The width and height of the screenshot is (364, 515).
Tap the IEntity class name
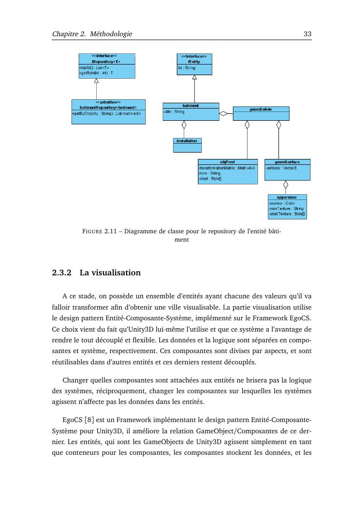[x=194, y=62]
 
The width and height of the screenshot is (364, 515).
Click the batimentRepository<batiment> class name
[x=108, y=107]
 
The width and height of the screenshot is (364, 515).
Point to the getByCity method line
[x=107, y=113]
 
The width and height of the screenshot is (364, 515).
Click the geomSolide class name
[x=261, y=109]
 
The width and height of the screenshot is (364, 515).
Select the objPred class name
[x=227, y=162]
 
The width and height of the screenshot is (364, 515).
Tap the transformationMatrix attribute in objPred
[x=227, y=168]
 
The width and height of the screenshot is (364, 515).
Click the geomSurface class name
[x=287, y=162]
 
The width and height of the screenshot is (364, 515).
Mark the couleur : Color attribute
[x=282, y=203]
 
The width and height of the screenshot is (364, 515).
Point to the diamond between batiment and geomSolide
[x=224, y=113]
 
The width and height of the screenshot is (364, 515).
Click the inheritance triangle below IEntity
[x=194, y=77]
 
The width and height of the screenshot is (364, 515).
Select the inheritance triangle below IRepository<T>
[x=96, y=81]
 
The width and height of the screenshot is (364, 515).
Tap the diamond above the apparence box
[x=286, y=185]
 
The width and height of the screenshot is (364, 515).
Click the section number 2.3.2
[x=62, y=272]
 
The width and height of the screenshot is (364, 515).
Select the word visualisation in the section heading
[x=116, y=272]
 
